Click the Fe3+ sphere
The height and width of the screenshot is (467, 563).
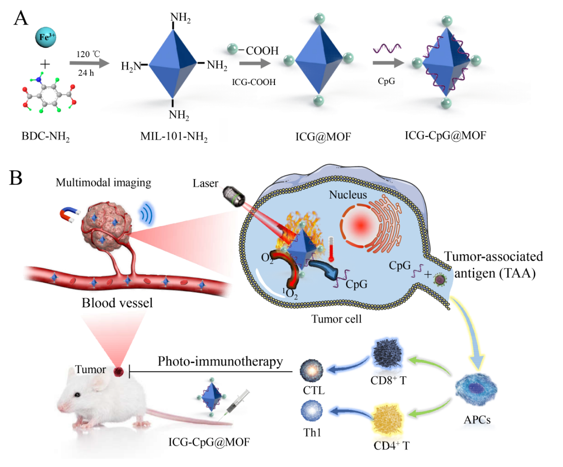point(46,36)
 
